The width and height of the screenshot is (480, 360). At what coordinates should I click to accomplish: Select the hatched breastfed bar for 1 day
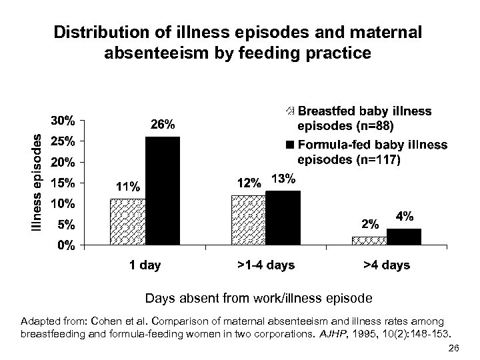point(127,221)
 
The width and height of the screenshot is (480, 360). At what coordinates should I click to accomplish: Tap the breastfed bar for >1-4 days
point(248,219)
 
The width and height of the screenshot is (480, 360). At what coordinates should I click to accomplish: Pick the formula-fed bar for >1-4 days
point(283,217)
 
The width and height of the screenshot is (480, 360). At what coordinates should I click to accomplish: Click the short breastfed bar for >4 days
point(369,241)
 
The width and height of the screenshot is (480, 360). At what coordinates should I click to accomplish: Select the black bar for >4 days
point(404,237)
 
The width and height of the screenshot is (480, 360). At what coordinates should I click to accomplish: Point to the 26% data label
point(163,124)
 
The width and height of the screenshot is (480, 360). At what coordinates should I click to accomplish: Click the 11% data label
point(127,187)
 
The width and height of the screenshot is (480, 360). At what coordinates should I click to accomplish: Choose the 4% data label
point(405,217)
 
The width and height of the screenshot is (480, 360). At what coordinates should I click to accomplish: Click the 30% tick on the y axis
point(63,121)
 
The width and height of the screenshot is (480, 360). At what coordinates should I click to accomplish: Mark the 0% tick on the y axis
point(66,245)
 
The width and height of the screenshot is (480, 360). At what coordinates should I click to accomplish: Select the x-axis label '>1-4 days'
point(265,266)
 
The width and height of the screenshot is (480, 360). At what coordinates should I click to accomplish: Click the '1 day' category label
point(145,266)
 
